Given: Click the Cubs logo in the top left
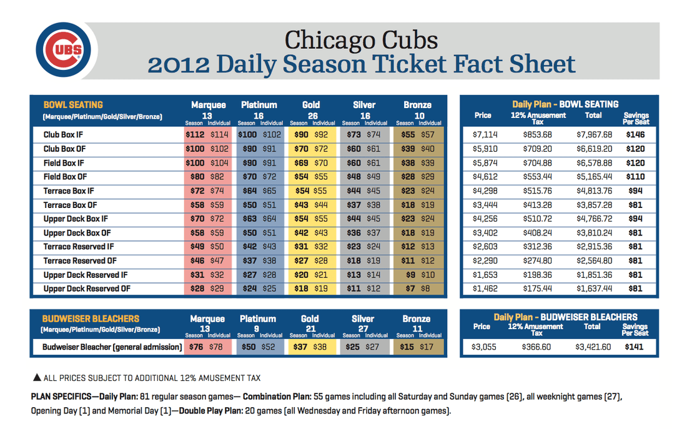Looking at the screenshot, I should pyautogui.click(x=63, y=51).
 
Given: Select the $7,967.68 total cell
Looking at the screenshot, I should pyautogui.click(x=594, y=134).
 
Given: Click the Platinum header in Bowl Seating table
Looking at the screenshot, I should pyautogui.click(x=259, y=105).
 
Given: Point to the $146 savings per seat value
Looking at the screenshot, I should pyautogui.click(x=635, y=134).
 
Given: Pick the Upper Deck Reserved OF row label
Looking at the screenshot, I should pyautogui.click(x=87, y=289).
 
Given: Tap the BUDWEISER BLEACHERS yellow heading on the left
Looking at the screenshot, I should pyautogui.click(x=91, y=318).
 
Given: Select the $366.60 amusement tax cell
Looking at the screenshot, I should pyautogui.click(x=537, y=347).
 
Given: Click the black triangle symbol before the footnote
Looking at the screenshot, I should pyautogui.click(x=37, y=377).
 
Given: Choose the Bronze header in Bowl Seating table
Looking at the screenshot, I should pyautogui.click(x=417, y=105).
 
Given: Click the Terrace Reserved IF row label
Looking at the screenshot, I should pyautogui.click(x=79, y=247).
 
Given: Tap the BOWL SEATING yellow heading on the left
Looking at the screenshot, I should pyautogui.click(x=73, y=105).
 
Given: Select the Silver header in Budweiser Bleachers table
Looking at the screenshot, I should pyautogui.click(x=363, y=318).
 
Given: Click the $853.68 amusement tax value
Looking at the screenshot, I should pyautogui.click(x=537, y=134).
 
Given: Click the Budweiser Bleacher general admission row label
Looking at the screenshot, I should pyautogui.click(x=112, y=347).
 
